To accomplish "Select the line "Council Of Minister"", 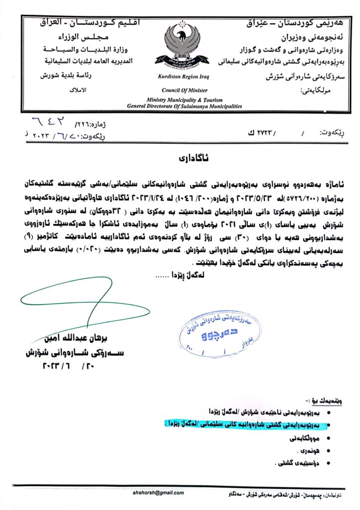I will [x=180, y=90].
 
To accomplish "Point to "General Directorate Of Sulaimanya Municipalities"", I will [x=185, y=106].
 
